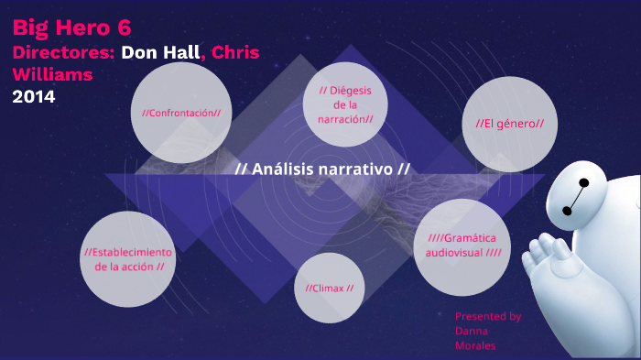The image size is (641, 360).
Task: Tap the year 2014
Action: (x=34, y=95)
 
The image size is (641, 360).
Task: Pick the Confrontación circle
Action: (x=180, y=113)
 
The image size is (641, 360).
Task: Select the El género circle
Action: (x=509, y=123)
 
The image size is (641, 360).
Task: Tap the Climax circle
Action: (x=329, y=288)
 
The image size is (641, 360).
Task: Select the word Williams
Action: (x=53, y=74)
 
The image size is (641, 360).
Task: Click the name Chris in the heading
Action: (x=235, y=51)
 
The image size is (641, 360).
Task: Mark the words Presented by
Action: (x=488, y=316)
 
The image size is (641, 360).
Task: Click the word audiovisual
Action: (x=448, y=252)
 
